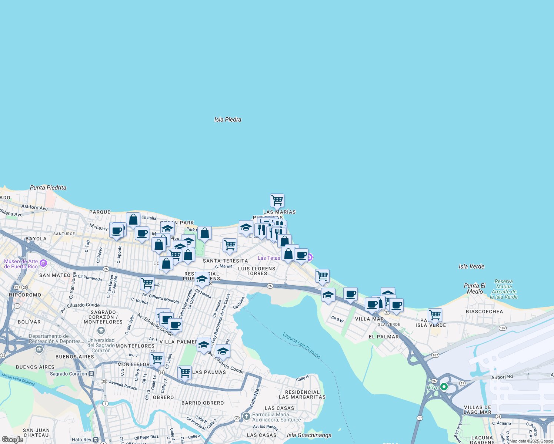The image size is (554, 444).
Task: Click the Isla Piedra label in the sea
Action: (x=228, y=120)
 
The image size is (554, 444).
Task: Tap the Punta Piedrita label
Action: (x=48, y=188)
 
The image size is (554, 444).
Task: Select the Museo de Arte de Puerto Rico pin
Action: (x=43, y=263)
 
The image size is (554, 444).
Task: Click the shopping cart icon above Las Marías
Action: (x=277, y=201)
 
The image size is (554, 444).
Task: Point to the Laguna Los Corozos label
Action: (x=301, y=346)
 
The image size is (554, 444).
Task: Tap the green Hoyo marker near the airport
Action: (x=444, y=387)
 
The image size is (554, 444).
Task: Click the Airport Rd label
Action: (x=502, y=377)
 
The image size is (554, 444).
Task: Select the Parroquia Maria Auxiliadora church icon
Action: (x=246, y=417)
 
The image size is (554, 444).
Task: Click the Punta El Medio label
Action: (x=475, y=289)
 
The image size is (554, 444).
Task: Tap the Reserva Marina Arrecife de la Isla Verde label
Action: (x=504, y=289)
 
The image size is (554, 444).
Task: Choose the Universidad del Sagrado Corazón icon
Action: (x=101, y=330)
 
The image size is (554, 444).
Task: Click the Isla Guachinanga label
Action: (x=309, y=435)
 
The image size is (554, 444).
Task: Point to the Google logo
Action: (x=13, y=440)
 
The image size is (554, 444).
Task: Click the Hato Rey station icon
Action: (x=96, y=440)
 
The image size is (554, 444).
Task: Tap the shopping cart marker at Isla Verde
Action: (x=435, y=315)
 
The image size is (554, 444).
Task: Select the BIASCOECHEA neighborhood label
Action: (x=484, y=312)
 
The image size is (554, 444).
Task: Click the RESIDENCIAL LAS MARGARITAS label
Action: (x=302, y=394)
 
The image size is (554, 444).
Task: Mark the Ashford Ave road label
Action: (x=34, y=208)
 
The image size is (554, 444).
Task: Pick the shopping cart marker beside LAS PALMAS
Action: (x=184, y=373)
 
